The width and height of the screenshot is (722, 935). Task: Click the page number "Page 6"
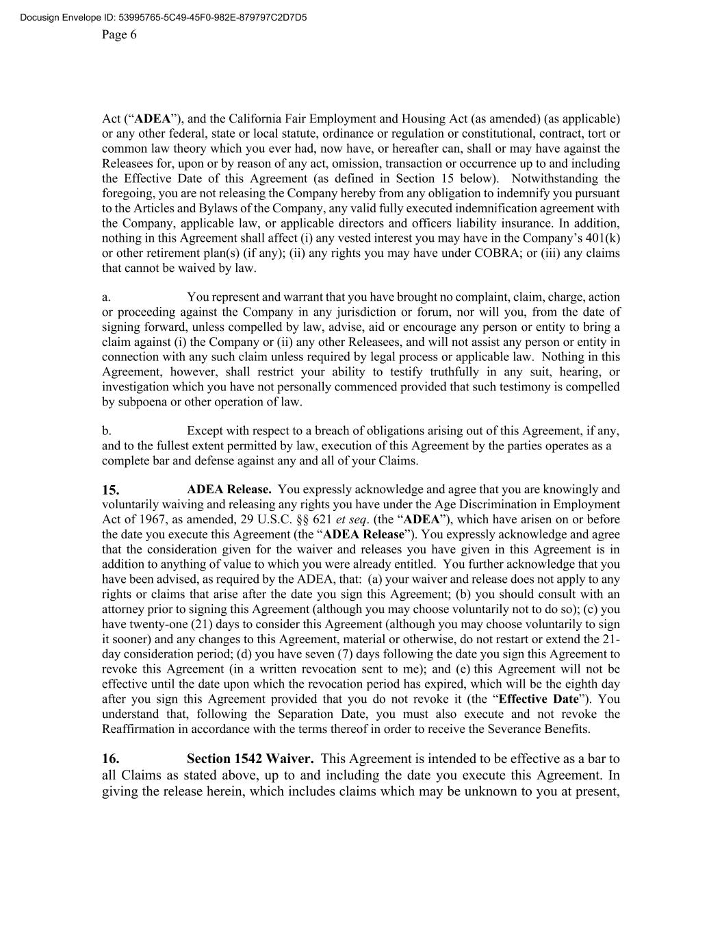click(x=119, y=35)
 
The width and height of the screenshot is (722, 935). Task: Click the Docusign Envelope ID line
click(x=164, y=17)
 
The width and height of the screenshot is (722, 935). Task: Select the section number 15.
click(x=111, y=490)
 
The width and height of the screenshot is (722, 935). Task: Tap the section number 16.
click(x=111, y=759)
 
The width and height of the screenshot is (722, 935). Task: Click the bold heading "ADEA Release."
click(x=229, y=490)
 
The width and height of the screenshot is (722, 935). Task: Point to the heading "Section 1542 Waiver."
click(x=250, y=759)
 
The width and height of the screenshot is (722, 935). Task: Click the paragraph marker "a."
click(x=106, y=297)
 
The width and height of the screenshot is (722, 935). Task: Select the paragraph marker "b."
click(x=107, y=431)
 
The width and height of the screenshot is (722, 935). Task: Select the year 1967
click(x=149, y=519)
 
